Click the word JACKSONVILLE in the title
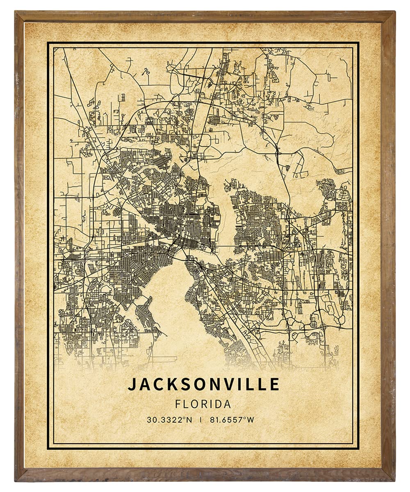tap(203, 384)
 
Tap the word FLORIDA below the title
tap(203, 404)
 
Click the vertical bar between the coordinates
tap(201, 419)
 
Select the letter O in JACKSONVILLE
tap(199, 384)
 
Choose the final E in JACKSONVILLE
tap(275, 384)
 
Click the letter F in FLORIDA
tap(178, 404)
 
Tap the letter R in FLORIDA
tap(203, 404)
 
